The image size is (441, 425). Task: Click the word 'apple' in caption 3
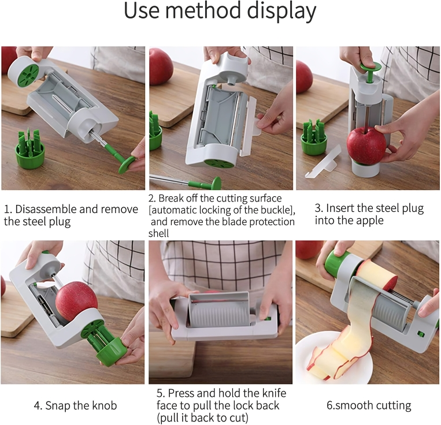pyautogui.click(x=369, y=221)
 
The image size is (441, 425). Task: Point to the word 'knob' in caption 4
pyautogui.click(x=104, y=405)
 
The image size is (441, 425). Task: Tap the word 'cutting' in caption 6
pyautogui.click(x=394, y=405)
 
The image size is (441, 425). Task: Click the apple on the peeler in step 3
pyautogui.click(x=366, y=146)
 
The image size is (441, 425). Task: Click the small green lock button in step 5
pyautogui.click(x=268, y=319)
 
